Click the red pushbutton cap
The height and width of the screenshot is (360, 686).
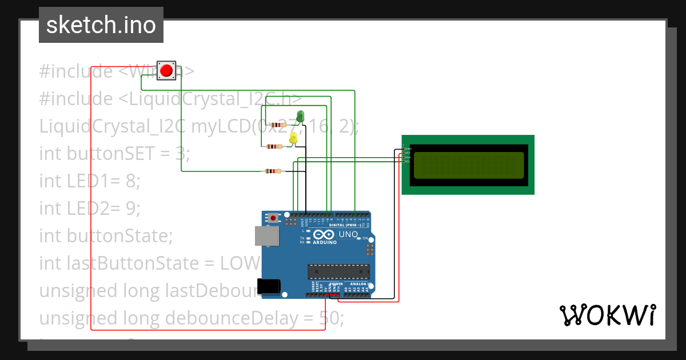tap(167, 71)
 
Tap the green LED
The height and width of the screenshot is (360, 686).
tap(300, 117)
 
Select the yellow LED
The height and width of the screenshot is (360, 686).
tap(293, 138)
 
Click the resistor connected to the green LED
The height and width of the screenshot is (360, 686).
tap(278, 125)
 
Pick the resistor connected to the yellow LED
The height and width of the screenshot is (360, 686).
tap(275, 147)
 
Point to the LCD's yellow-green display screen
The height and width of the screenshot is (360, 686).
tap(467, 165)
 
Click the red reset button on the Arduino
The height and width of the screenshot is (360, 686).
tap(274, 218)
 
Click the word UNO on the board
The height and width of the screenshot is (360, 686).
tap(348, 235)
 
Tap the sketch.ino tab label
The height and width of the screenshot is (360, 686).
tap(101, 25)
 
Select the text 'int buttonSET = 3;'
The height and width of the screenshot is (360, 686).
tap(114, 154)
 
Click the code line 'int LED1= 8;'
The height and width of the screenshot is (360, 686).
tap(90, 181)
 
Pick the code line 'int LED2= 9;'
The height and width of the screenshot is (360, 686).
tap(90, 209)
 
